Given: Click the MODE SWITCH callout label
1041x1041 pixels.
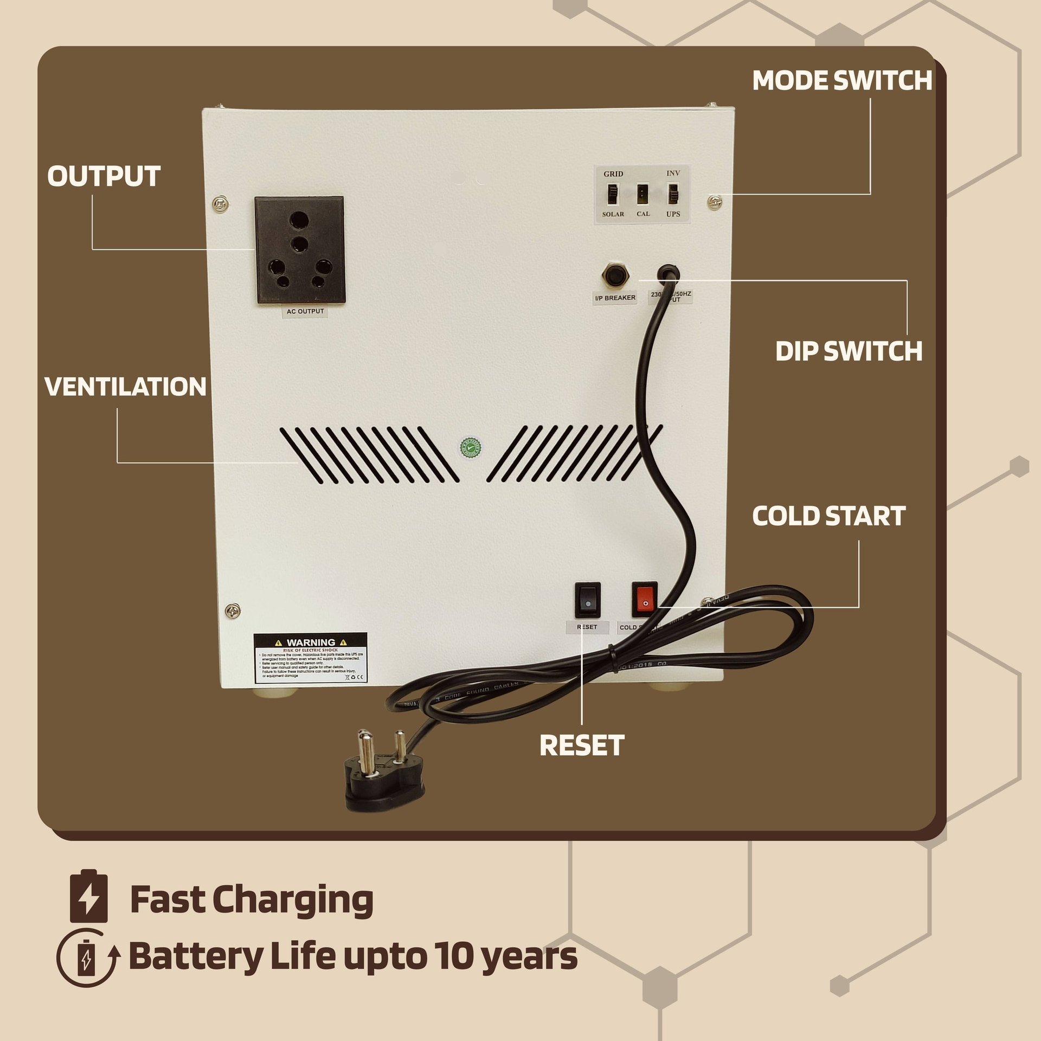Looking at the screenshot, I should pyautogui.click(x=841, y=81).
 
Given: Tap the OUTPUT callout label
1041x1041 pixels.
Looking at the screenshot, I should pyautogui.click(x=104, y=176).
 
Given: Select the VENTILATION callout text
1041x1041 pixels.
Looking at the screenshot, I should pyautogui.click(x=125, y=387).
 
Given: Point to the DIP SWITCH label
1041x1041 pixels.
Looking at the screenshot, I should pyautogui.click(x=849, y=351).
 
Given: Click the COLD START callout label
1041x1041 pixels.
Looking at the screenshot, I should pyautogui.click(x=828, y=516).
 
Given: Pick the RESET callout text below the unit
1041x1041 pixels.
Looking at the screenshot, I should pyautogui.click(x=582, y=745).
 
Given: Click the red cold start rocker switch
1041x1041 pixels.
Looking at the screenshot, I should pyautogui.click(x=645, y=599).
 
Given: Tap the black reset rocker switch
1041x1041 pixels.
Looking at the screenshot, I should pyautogui.click(x=588, y=600).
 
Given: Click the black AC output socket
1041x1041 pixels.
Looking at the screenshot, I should pyautogui.click(x=299, y=250).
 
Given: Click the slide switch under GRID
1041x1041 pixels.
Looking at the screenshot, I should pyautogui.click(x=613, y=194).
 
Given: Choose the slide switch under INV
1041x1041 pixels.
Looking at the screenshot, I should pyautogui.click(x=673, y=194).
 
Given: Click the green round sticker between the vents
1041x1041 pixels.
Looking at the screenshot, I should pyautogui.click(x=471, y=447).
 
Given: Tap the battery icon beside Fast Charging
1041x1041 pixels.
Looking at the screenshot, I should pyautogui.click(x=89, y=899).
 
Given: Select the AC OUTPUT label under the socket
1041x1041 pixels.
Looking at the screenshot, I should pyautogui.click(x=305, y=311).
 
